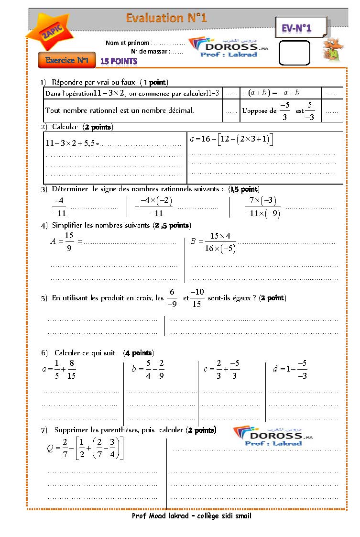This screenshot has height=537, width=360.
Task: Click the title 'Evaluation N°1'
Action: (166, 18)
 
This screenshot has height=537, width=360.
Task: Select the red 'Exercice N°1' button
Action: (67, 60)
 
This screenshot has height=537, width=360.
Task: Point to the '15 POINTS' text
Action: (118, 61)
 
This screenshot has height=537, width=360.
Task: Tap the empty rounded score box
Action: (294, 53)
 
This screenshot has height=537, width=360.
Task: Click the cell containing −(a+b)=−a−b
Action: (271, 93)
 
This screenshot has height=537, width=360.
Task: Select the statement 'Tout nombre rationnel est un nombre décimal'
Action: (120, 110)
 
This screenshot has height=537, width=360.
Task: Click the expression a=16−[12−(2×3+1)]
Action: (231, 139)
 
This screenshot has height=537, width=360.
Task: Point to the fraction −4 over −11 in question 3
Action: (59, 207)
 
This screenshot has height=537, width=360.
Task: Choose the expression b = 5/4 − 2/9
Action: (148, 369)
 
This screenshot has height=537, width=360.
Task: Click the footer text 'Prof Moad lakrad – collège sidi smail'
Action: (191, 516)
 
